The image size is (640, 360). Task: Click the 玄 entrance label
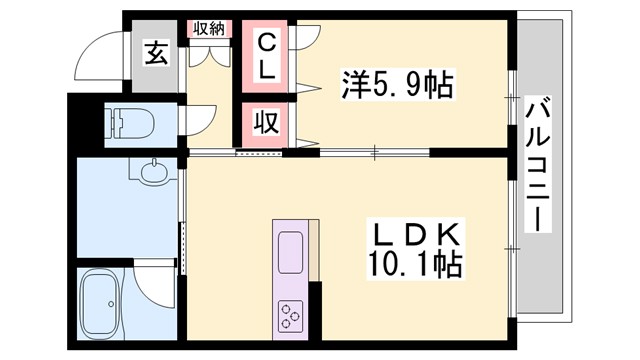[158, 54]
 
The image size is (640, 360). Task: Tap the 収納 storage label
[209, 28]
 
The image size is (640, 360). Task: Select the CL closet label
[266, 56]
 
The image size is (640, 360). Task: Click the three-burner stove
[291, 314]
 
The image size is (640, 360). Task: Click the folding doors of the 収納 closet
[209, 54]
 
